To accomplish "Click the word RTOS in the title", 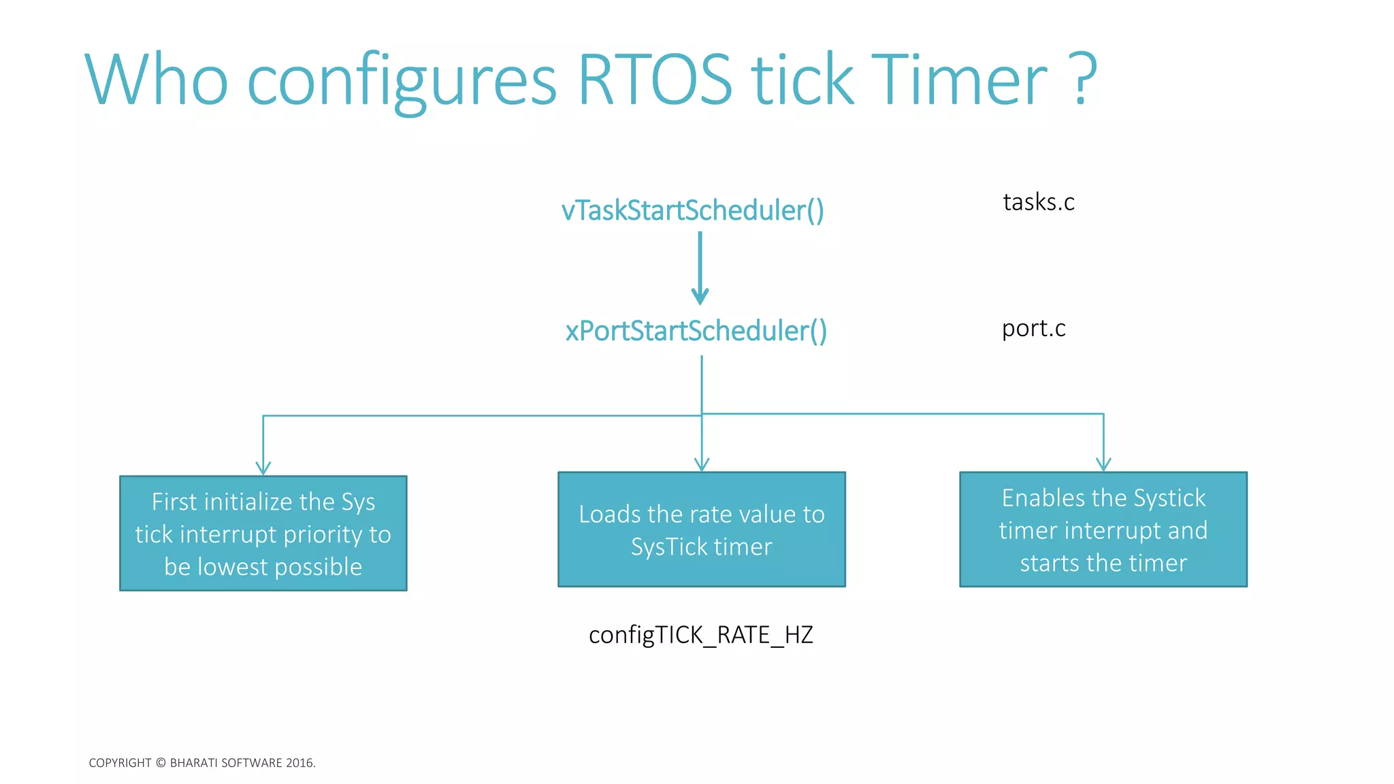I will pyautogui.click(x=655, y=80).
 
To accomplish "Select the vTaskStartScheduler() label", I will pyautogui.click(x=692, y=210).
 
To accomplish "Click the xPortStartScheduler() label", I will pyautogui.click(x=696, y=331).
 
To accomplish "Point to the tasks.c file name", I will pyautogui.click(x=1038, y=202).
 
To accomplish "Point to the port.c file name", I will pyautogui.click(x=1033, y=329).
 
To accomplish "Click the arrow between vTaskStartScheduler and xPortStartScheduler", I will pyautogui.click(x=700, y=269).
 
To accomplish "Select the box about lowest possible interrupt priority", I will pyautogui.click(x=263, y=534).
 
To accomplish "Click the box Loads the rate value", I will pyautogui.click(x=702, y=529).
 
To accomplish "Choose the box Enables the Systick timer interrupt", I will pyautogui.click(x=1103, y=529).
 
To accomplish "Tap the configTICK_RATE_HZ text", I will pyautogui.click(x=700, y=635).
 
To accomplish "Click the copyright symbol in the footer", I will pyautogui.click(x=161, y=763).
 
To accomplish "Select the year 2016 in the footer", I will pyautogui.click(x=299, y=763).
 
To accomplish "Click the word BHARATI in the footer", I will pyautogui.click(x=194, y=763).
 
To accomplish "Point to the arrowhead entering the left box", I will pyautogui.click(x=263, y=469).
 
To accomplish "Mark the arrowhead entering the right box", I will pyautogui.click(x=1103, y=465).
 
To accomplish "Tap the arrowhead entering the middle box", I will pyautogui.click(x=702, y=465).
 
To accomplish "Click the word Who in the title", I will pyautogui.click(x=157, y=80).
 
